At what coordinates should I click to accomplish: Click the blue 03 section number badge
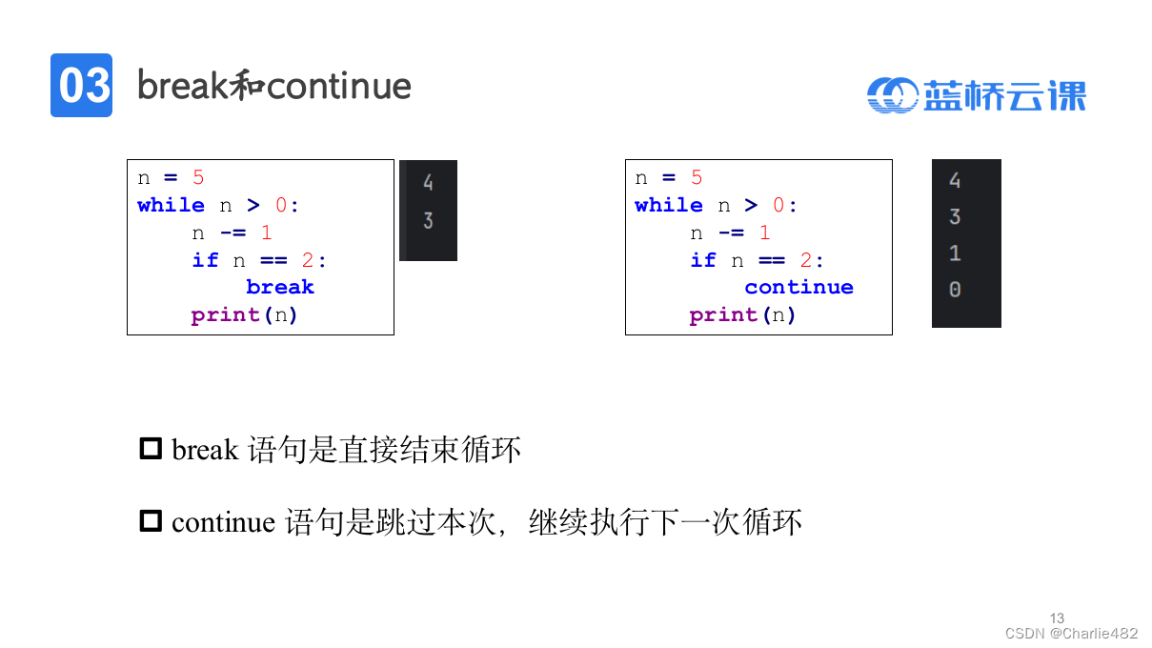pos(81,86)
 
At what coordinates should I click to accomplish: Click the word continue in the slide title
pos(339,86)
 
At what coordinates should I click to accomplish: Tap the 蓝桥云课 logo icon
pos(892,94)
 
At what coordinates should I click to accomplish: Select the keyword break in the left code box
pos(279,287)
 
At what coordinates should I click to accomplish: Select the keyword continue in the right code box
pos(798,287)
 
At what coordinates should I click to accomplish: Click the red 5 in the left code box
pos(198,177)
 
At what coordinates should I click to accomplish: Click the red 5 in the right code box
pos(697,177)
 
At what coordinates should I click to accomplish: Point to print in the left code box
pos(226,314)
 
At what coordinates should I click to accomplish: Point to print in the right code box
pos(724,314)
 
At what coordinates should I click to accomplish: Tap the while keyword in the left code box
pos(171,205)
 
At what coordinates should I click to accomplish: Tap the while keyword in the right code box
pos(669,205)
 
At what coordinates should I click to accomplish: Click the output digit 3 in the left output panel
pos(428,220)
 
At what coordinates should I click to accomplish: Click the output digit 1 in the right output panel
pos(955,253)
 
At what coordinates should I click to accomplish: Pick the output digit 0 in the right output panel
pos(955,290)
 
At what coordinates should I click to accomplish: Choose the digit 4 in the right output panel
pos(955,180)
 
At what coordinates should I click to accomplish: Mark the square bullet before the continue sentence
pos(151,520)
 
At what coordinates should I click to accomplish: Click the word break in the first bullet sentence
pos(205,449)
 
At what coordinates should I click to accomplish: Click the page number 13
pos(1057,618)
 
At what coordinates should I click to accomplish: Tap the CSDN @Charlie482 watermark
pos(1071,633)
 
